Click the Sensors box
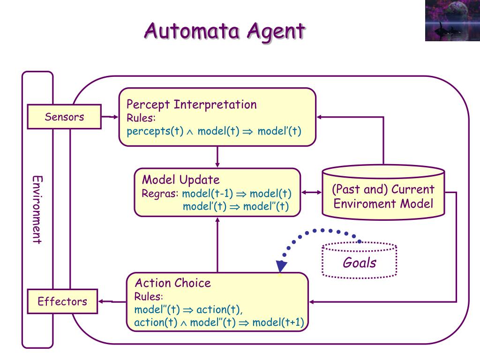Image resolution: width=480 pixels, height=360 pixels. (64, 117)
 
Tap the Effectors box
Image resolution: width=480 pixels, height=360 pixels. (62, 301)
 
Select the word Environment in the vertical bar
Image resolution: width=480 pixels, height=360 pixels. (37, 210)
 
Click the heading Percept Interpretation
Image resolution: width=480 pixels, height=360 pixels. (192, 105)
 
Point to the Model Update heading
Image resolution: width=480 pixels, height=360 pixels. (181, 180)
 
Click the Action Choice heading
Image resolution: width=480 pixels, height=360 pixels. (172, 283)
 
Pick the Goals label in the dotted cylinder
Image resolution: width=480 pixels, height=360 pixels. (360, 262)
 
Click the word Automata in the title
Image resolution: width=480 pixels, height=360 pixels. (192, 31)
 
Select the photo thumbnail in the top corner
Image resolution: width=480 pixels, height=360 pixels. (452, 21)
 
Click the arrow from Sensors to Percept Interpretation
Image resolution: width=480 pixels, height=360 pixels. (110, 117)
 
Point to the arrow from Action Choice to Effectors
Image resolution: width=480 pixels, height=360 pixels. (112, 301)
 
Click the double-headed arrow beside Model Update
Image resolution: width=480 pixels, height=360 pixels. (312, 192)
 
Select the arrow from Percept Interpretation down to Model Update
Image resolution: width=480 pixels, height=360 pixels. (217, 157)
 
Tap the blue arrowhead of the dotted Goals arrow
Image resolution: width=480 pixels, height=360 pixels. (281, 266)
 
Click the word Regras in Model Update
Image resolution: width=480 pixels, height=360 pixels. (160, 194)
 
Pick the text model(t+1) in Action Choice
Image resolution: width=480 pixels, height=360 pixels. (278, 322)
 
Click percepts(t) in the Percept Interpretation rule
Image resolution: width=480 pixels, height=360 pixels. (155, 131)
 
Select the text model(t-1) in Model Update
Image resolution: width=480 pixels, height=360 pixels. (208, 194)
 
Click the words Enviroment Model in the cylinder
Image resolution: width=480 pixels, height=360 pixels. (383, 203)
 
